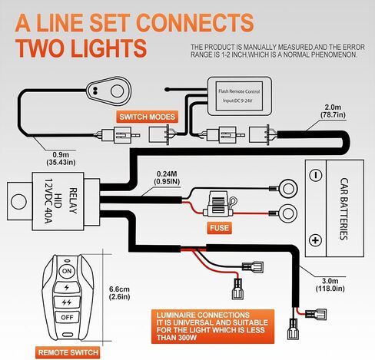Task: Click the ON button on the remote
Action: (67, 271)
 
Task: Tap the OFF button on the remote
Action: (67, 318)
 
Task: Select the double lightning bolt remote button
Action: (67, 302)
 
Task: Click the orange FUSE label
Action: (219, 228)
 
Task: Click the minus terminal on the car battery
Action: (316, 176)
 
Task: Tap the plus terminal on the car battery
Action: (315, 240)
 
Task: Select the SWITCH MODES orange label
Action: (148, 117)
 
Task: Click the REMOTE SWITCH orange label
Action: (68, 352)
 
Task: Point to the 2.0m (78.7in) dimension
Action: (333, 111)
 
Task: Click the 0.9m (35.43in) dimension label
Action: (61, 159)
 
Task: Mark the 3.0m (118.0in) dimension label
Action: (330, 285)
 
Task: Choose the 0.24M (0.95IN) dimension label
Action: (167, 177)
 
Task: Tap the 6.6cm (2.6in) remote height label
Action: (119, 293)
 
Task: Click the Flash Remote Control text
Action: (239, 91)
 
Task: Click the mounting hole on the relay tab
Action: (19, 201)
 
